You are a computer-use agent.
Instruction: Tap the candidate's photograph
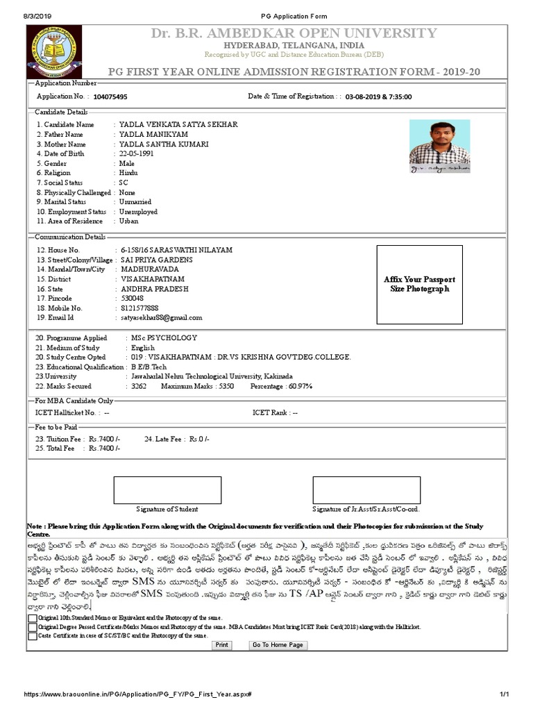tap(439, 147)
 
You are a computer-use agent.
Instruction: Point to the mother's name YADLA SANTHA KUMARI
tap(163, 144)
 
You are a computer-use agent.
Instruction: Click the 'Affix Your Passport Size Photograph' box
tap(419, 284)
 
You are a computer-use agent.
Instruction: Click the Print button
tap(221, 645)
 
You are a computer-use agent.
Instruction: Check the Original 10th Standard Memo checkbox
tap(33, 617)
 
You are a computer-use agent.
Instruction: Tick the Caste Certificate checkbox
tap(33, 635)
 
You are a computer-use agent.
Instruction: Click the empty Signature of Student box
tap(167, 490)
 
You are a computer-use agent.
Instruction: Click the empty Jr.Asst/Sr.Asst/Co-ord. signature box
tap(366, 490)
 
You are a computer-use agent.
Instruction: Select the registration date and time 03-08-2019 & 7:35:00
tap(378, 97)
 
